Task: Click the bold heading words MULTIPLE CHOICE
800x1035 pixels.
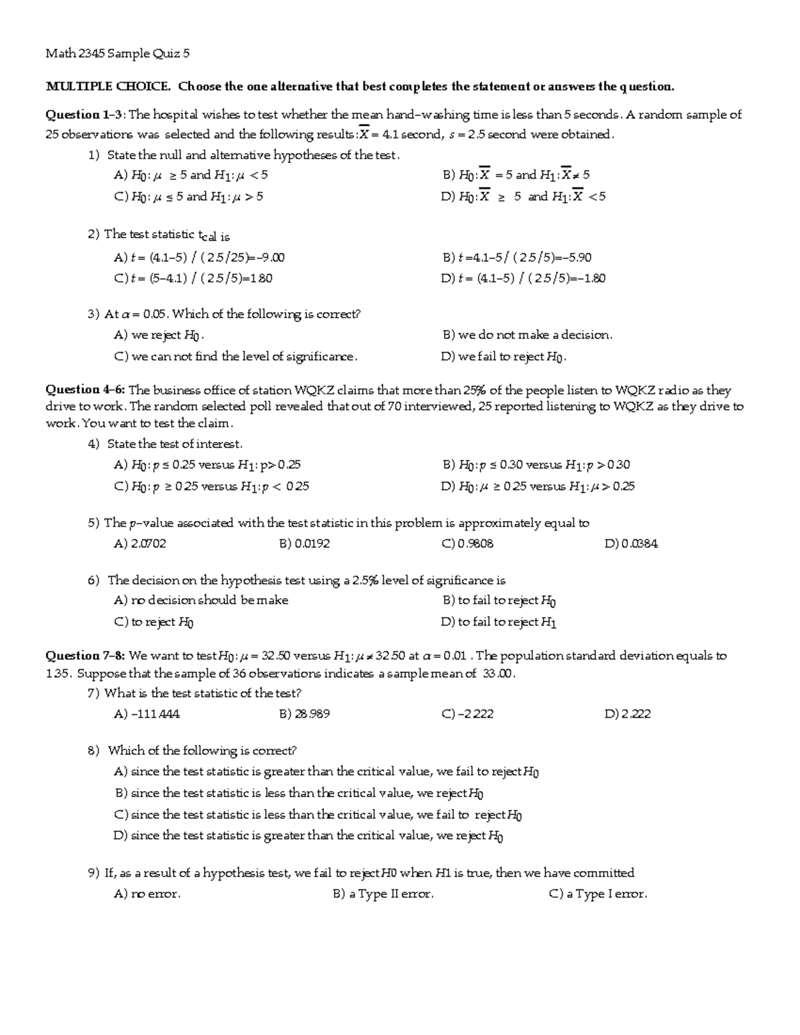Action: (108, 86)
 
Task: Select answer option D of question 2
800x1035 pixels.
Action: (523, 279)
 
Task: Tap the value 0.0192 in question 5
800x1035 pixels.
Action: (305, 544)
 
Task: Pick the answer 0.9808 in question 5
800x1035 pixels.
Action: (468, 544)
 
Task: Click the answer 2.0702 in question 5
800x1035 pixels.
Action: (141, 544)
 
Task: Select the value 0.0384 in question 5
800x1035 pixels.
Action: (631, 544)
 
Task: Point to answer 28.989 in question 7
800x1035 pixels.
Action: (305, 714)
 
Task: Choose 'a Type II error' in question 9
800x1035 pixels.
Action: (383, 894)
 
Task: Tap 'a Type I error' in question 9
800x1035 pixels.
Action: (598, 894)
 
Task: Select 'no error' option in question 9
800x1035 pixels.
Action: (147, 894)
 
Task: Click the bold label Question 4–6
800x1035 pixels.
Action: (85, 390)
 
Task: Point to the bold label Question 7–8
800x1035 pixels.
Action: (85, 655)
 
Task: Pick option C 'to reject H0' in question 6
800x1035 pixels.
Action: (154, 622)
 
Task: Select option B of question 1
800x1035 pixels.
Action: (516, 175)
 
